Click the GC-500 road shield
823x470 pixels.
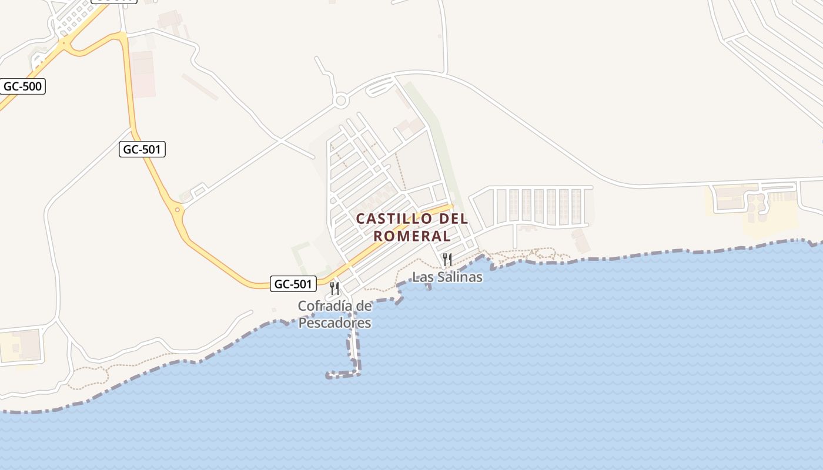[x=22, y=86]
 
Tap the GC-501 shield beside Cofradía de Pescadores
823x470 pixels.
[x=293, y=284]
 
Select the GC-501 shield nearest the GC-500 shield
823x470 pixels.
[x=142, y=149]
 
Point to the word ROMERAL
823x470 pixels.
[x=412, y=236]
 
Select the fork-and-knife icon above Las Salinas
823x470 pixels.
[x=447, y=260]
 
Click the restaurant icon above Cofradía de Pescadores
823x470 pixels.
[x=334, y=288]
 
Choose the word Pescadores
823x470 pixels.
[x=334, y=323]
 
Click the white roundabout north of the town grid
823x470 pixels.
[x=340, y=101]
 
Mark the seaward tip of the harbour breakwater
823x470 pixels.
[x=329, y=374]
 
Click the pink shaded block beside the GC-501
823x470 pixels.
[x=143, y=73]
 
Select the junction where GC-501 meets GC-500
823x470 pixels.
[x=66, y=44]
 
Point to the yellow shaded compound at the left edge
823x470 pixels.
[x=21, y=345]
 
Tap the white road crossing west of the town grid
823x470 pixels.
[x=281, y=141]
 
